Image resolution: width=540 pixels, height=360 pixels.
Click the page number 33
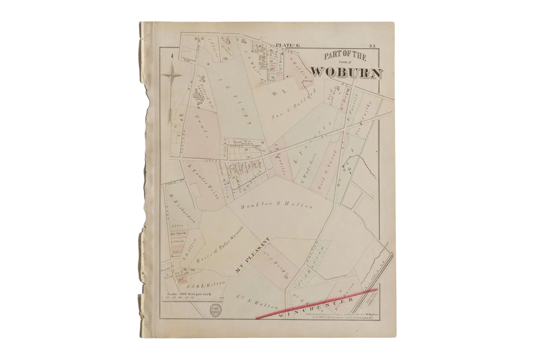(372, 46)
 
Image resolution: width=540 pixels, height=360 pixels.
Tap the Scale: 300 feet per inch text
(187, 294)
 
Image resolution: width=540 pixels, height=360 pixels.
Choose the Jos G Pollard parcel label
(293, 105)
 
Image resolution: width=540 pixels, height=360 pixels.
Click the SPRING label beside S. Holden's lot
(308, 81)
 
